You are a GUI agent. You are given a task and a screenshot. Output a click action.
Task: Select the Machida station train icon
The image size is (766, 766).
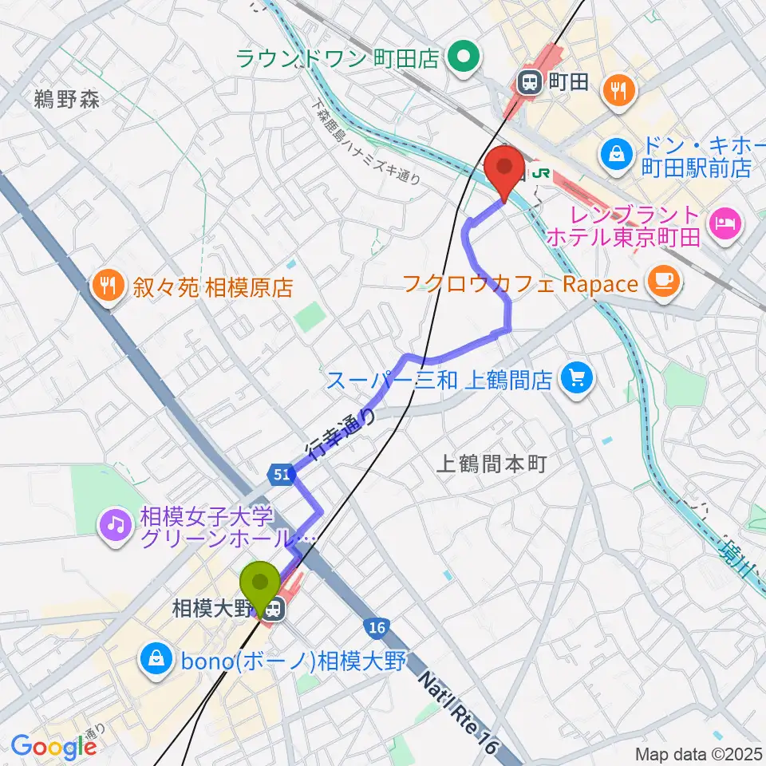tap(528, 81)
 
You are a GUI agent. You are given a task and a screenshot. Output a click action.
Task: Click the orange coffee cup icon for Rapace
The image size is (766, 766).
tap(664, 279)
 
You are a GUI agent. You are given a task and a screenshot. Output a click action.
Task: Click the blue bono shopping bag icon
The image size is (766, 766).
tap(152, 658)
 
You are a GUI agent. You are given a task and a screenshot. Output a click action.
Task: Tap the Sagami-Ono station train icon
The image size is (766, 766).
tap(274, 610)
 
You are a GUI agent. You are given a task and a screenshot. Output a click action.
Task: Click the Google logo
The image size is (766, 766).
tap(53, 747)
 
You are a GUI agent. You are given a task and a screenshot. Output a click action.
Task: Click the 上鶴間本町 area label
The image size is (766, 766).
tap(492, 464)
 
